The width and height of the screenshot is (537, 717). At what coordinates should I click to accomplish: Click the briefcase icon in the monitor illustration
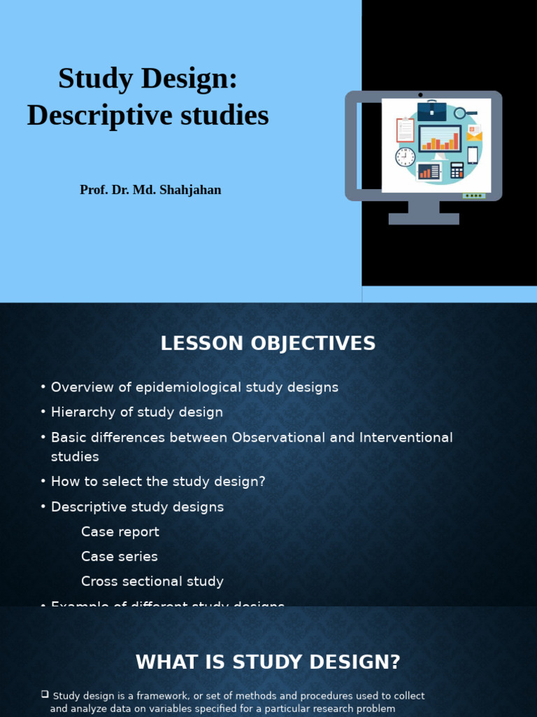(431, 111)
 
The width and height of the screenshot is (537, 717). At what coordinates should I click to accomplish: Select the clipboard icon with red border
(405, 130)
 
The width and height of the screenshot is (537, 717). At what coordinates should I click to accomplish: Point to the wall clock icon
(405, 157)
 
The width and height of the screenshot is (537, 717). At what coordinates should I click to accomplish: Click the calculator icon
(457, 170)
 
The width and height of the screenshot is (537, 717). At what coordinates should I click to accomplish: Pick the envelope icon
(475, 133)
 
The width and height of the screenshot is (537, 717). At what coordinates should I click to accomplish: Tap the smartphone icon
(473, 155)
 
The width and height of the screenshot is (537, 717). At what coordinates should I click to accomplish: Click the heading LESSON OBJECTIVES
(268, 344)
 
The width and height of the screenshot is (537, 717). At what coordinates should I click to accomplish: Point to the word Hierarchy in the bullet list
(82, 412)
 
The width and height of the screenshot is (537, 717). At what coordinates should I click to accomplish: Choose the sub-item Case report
(120, 531)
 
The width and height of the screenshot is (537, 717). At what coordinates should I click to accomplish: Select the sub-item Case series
(120, 557)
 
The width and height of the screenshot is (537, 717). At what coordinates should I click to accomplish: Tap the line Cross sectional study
(152, 581)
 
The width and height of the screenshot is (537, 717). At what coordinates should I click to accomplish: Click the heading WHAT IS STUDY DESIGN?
(268, 662)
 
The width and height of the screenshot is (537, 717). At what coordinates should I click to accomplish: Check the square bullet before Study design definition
(45, 695)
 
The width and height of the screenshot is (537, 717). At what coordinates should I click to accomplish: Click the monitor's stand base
(424, 218)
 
